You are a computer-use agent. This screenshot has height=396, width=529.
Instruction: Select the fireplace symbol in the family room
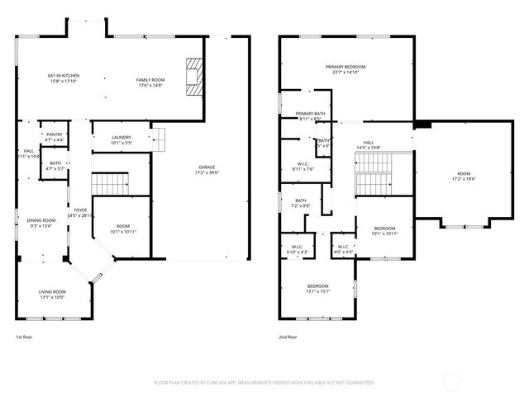[193, 78]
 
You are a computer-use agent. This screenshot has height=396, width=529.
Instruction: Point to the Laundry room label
[122, 139]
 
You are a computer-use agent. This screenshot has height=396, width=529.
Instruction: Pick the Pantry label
[55, 137]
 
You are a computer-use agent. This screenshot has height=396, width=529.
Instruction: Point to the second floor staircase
[372, 181]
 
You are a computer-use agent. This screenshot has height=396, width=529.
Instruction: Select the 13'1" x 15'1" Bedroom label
[318, 288]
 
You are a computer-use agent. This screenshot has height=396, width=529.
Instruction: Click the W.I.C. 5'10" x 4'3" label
[297, 249]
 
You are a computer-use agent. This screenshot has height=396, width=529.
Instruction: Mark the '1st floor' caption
[24, 337]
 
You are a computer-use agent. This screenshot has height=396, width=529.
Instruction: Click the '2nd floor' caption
[288, 337]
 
